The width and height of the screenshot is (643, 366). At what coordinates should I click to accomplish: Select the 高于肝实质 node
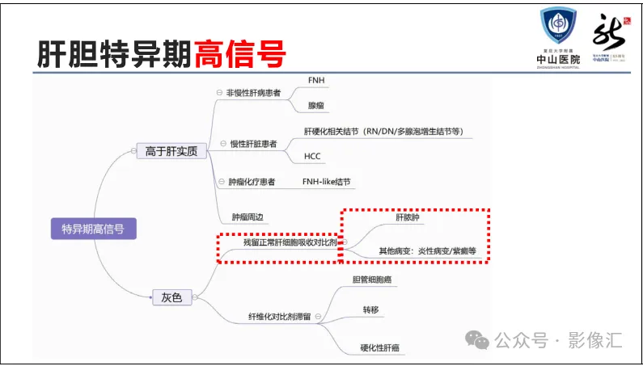pos(171,151)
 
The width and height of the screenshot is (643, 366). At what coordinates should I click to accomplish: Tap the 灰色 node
pos(171,297)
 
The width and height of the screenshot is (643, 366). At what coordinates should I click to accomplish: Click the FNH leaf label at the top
pos(317,81)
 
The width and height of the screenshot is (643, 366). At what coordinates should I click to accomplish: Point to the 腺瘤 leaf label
pos(316,106)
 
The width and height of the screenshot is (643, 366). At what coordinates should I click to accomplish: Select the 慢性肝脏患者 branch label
pos(253,144)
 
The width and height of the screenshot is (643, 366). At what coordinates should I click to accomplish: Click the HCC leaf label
pos(313,156)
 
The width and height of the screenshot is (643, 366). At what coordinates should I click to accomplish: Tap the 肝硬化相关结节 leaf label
pos(383,131)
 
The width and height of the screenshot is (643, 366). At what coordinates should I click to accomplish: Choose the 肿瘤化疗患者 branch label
pos(253,183)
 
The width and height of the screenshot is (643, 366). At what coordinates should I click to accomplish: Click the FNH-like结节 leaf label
pos(327,182)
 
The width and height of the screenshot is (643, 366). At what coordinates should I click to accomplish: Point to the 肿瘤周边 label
pos(247,217)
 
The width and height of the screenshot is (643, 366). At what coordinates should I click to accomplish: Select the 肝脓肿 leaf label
pos(408,218)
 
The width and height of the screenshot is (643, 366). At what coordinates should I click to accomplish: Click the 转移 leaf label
pos(371,309)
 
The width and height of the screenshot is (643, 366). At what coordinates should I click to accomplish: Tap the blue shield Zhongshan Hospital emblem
pos(558,27)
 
